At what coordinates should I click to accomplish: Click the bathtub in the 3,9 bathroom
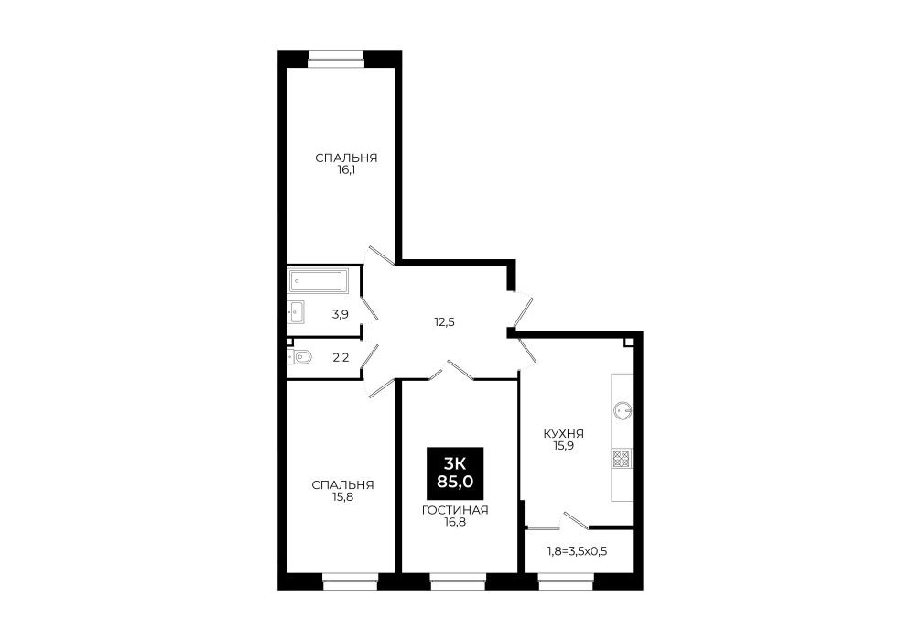tap(318, 280)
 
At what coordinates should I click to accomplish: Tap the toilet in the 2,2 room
tap(299, 356)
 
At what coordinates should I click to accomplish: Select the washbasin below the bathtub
tap(296, 311)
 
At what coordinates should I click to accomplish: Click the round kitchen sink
tap(622, 410)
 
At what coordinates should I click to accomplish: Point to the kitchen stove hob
tap(622, 458)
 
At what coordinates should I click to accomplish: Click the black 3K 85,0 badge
tap(455, 473)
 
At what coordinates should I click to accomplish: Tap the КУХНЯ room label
tap(563, 434)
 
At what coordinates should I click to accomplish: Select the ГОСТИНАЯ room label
tap(455, 510)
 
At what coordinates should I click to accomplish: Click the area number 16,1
tap(346, 170)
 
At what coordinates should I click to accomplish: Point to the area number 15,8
tap(342, 497)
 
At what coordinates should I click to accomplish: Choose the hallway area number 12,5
tap(445, 322)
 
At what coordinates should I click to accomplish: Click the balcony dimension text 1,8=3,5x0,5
tap(578, 551)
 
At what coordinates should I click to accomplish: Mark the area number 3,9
tap(340, 314)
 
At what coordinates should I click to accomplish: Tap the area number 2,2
tap(341, 357)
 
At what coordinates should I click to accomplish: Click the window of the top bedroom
tap(336, 56)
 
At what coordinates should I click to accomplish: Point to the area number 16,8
tap(455, 522)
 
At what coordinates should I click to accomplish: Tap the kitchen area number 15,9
tap(563, 446)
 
